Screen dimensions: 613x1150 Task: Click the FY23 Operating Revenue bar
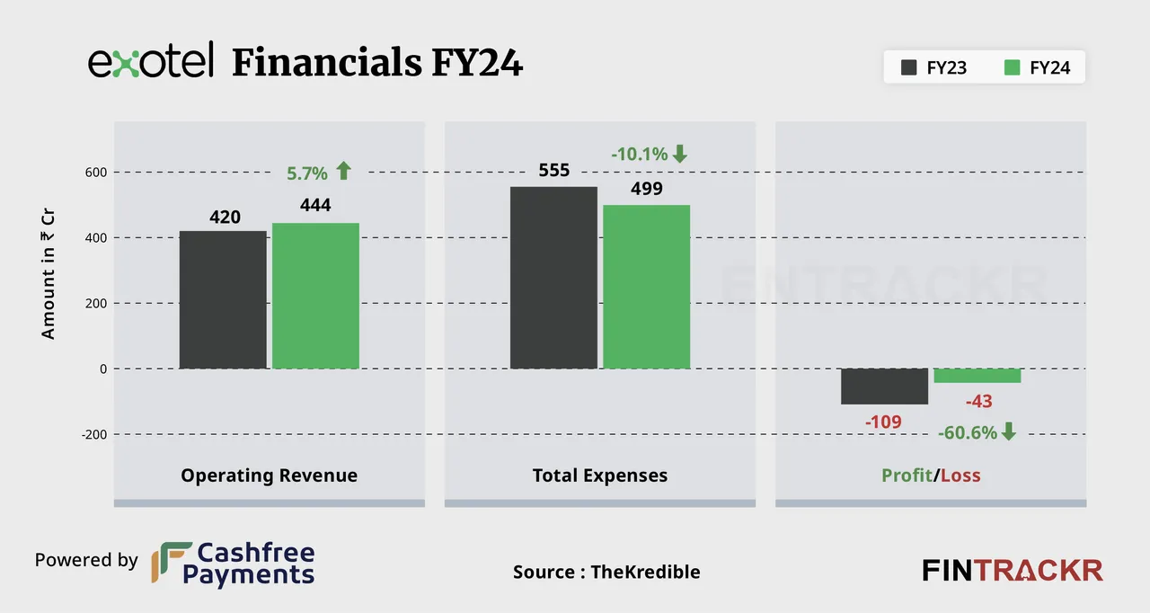[223, 300]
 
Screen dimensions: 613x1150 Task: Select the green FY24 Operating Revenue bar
[315, 296]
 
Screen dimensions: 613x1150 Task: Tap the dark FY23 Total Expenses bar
[553, 278]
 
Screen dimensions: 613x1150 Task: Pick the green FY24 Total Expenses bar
[646, 287]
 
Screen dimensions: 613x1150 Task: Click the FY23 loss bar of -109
[884, 386]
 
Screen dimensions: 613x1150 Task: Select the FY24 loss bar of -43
[977, 376]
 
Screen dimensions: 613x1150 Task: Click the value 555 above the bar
[554, 171]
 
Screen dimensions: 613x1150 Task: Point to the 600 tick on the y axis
[96, 173]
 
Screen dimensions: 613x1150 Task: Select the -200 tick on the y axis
[93, 434]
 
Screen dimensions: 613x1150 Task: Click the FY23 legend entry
[933, 67]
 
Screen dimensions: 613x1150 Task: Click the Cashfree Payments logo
[233, 564]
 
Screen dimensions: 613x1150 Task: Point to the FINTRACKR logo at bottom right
[1013, 570]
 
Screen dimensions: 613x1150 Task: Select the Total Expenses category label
[600, 475]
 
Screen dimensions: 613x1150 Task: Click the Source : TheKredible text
[606, 572]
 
